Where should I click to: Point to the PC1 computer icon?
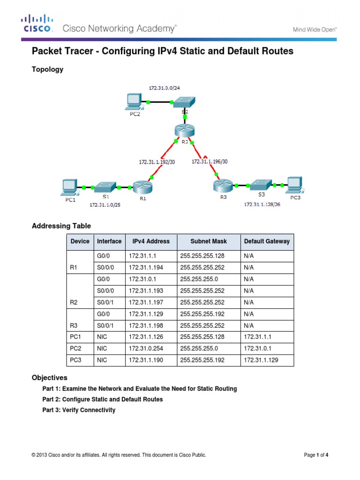click(68, 187)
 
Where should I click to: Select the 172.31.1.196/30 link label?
click(210, 162)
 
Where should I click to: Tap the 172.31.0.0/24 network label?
click(165, 88)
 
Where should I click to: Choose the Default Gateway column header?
click(267, 241)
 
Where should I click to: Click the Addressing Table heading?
click(61, 226)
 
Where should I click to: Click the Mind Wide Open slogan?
click(315, 29)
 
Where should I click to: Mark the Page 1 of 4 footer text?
click(319, 455)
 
